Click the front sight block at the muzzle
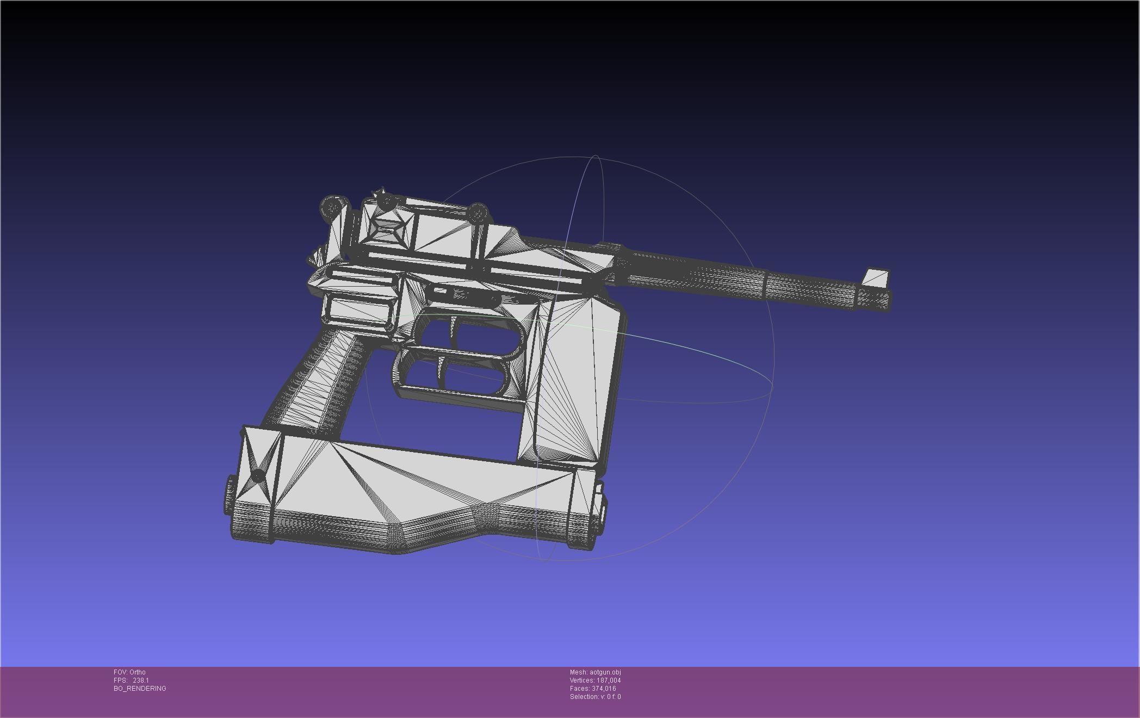(x=876, y=277)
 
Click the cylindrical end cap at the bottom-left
(x=230, y=494)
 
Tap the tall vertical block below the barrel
(x=577, y=381)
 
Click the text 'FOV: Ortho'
(x=129, y=672)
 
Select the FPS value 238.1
(x=140, y=680)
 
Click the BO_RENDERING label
(x=140, y=689)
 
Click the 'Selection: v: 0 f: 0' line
(x=595, y=697)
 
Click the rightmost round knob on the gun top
(x=478, y=212)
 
